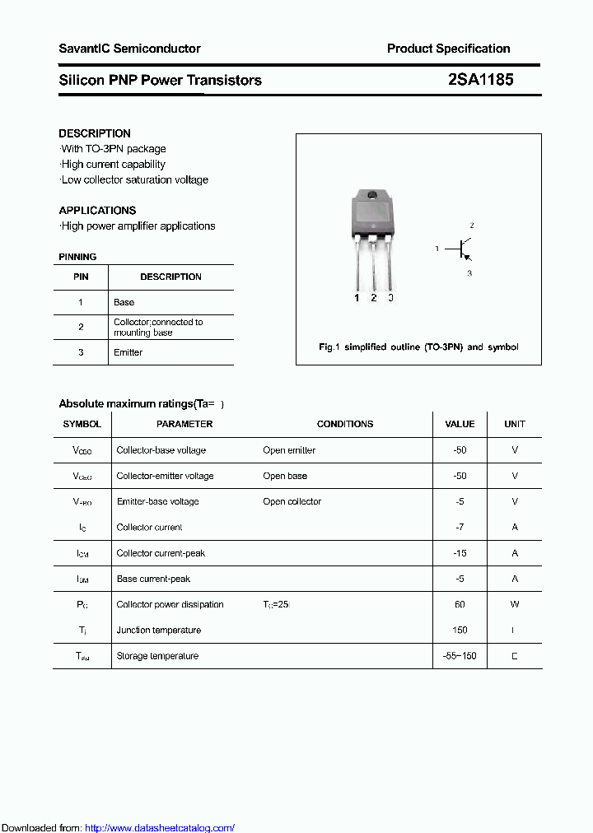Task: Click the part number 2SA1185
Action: point(480,80)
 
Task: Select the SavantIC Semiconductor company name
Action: point(129,49)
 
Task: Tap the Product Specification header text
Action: point(448,49)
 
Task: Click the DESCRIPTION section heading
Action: point(95,133)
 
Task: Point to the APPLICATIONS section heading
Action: point(97,210)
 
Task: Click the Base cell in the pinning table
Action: point(124,302)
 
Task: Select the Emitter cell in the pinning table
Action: point(128,352)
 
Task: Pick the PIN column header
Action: point(81,277)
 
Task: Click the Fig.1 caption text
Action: point(418,347)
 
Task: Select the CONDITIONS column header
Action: point(345,424)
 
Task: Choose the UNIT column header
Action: point(515,424)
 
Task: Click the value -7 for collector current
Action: point(460,527)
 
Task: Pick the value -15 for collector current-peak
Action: point(460,553)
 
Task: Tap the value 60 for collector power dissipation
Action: point(460,604)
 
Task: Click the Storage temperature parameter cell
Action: point(157,656)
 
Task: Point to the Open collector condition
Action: point(292,501)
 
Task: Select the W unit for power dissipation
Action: point(515,604)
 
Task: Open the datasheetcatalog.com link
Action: point(160,828)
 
